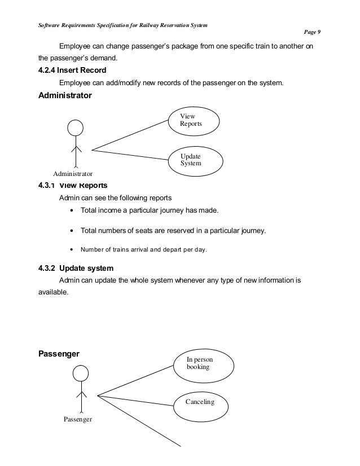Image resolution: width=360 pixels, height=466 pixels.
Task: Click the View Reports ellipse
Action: [195, 121]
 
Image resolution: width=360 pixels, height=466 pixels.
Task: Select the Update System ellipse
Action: [194, 160]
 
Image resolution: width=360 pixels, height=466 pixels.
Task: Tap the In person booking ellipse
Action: [203, 363]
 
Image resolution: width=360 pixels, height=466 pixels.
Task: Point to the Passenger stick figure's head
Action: [81, 373]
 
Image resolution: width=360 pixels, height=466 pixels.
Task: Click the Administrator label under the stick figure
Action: [73, 174]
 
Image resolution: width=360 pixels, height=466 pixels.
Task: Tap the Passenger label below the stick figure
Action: [78, 419]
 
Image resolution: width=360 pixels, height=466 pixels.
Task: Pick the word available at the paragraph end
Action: [52, 293]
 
